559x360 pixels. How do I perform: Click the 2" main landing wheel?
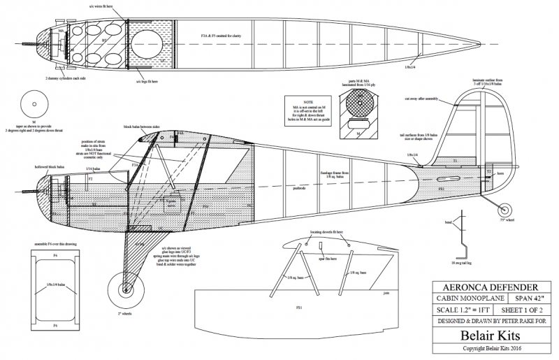[x=125, y=289]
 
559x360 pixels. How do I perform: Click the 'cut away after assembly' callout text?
[x=419, y=99]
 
